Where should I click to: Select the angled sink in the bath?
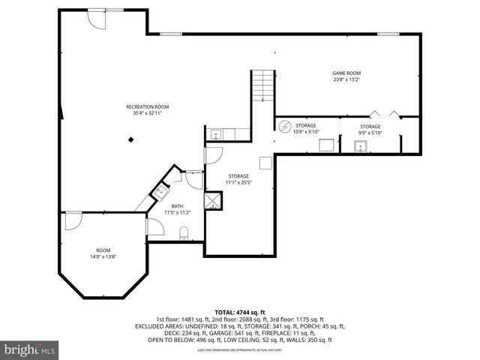159,192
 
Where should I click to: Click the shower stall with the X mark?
214,199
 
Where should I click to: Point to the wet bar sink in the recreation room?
216,134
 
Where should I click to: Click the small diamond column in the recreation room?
132,139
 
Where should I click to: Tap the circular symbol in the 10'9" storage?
284,126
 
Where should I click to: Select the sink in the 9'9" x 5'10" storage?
361,147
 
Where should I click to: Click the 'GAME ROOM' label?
346,73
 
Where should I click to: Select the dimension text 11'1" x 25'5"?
238,182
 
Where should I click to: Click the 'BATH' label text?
177,206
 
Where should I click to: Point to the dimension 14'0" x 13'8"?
103,256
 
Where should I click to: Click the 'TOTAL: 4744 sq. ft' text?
239,311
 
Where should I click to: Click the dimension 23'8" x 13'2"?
346,79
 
